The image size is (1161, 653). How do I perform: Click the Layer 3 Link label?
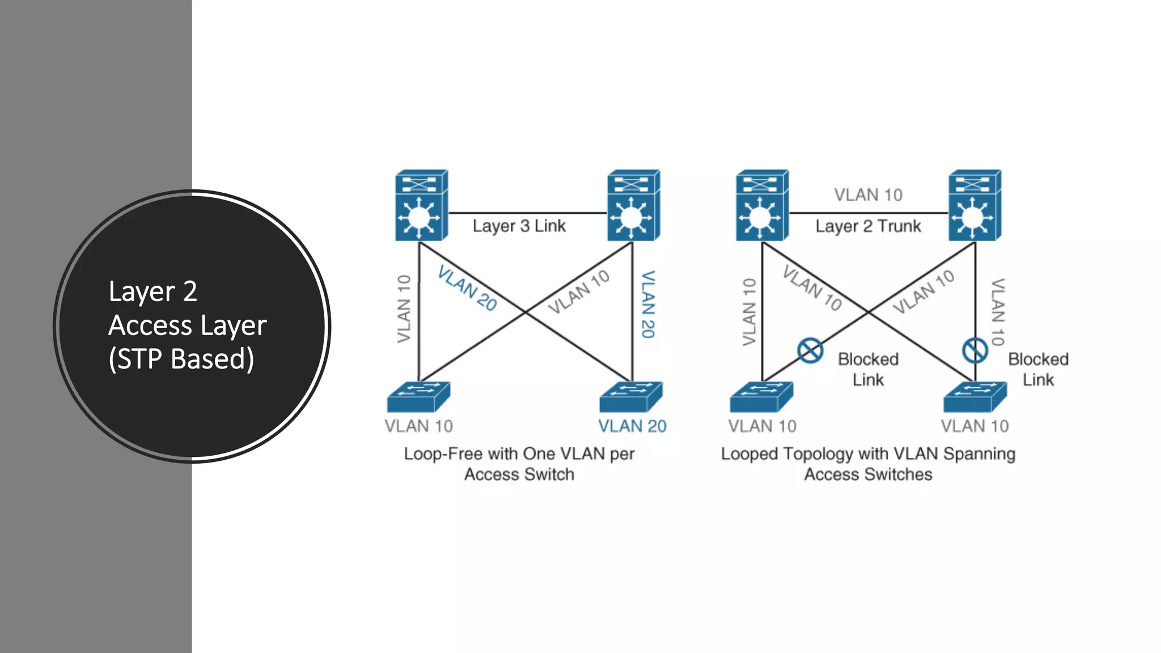click(519, 226)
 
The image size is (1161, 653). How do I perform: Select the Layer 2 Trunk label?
click(868, 226)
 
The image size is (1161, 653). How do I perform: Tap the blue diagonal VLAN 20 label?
click(467, 289)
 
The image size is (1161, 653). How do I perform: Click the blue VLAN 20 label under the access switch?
click(632, 426)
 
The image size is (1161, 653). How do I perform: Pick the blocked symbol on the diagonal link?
click(810, 350)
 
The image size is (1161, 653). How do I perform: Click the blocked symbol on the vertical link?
click(974, 350)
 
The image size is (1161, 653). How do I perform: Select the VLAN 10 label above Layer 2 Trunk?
click(868, 195)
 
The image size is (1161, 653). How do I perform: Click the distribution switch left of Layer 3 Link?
click(421, 205)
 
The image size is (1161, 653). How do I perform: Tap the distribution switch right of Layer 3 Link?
click(633, 205)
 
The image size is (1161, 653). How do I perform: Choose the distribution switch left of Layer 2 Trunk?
click(762, 205)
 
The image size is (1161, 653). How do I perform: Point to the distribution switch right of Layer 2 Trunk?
click(974, 205)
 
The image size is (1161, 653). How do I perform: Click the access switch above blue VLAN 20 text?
click(630, 397)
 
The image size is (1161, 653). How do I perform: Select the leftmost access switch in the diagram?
click(418, 397)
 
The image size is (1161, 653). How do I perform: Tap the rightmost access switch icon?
click(974, 397)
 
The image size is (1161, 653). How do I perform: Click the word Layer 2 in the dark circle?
click(152, 291)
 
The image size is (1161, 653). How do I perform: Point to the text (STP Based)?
click(181, 359)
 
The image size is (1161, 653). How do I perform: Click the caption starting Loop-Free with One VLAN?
click(519, 464)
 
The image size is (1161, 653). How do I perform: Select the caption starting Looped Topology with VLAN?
click(868, 464)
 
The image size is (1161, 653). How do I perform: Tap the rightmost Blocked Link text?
click(1038, 369)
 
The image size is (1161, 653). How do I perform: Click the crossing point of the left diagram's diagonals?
click(526, 312)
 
